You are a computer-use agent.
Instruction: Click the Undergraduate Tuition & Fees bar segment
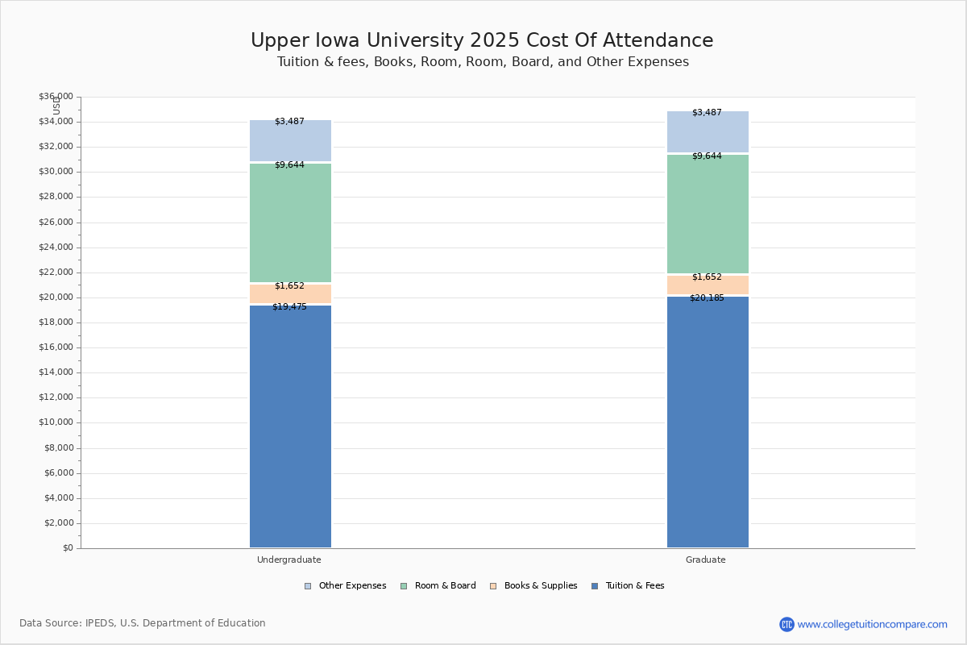point(290,427)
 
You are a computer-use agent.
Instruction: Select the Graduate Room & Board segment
point(708,214)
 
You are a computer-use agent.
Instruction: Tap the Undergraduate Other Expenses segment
point(290,142)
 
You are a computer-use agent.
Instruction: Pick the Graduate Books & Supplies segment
point(708,285)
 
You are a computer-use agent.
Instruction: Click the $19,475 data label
point(289,307)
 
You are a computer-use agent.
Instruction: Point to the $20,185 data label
point(707,298)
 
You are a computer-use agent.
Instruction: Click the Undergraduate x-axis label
point(289,560)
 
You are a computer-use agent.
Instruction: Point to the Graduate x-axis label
point(706,560)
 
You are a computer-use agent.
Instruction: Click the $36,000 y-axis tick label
point(56,97)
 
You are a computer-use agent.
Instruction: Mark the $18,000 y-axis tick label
point(56,322)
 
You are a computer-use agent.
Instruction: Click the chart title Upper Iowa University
point(482,41)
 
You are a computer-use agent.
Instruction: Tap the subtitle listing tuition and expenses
point(483,62)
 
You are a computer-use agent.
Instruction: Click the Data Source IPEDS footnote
point(143,623)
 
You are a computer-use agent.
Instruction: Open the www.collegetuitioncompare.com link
point(872,624)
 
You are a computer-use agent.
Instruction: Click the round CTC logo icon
point(786,624)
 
